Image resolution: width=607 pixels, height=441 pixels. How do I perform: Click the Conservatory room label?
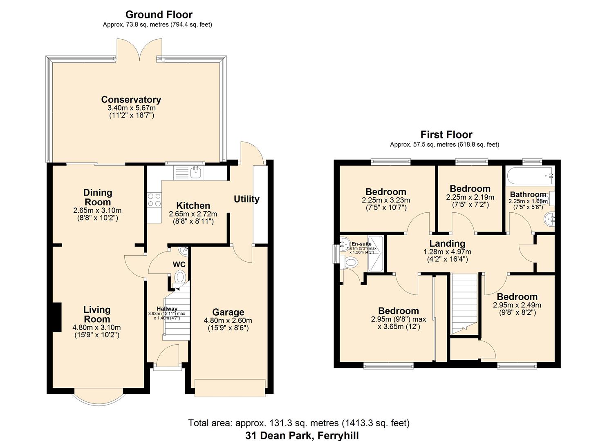click(131, 100)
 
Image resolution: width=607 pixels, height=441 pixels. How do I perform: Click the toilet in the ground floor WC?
click(179, 278)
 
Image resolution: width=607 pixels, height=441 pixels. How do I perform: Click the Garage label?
click(228, 313)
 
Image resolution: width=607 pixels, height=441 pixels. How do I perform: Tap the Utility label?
click(246, 199)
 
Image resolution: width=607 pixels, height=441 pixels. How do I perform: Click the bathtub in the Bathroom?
click(530, 176)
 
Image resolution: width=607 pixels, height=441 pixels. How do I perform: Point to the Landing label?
click(447, 244)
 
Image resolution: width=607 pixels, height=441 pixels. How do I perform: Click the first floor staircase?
click(464, 302)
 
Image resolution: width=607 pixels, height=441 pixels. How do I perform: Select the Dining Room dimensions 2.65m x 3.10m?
click(97, 211)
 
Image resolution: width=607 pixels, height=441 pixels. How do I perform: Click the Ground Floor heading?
click(159, 15)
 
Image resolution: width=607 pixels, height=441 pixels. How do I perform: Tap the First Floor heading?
click(446, 135)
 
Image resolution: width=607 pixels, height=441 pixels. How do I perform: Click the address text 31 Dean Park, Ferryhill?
click(302, 435)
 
